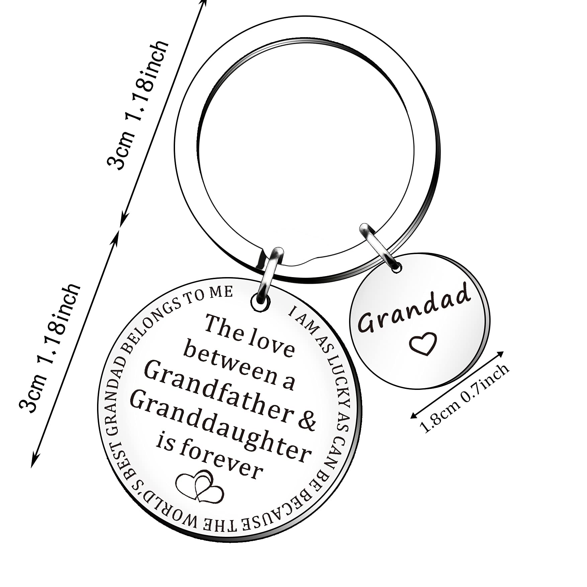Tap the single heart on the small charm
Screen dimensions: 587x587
coord(424,344)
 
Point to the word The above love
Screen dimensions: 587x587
coord(223,327)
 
